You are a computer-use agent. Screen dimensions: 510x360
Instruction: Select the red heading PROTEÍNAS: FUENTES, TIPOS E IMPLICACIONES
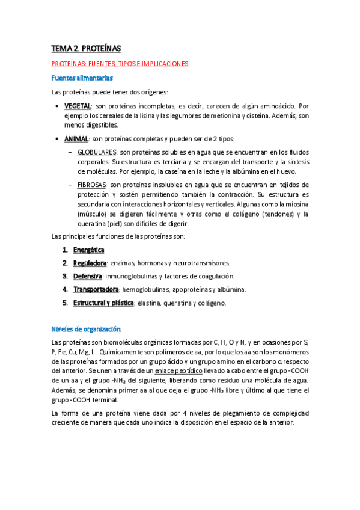point(120,63)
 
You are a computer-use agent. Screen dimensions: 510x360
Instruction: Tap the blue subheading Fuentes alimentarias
point(82,78)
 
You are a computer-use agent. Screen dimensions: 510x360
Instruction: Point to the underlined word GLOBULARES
point(97,153)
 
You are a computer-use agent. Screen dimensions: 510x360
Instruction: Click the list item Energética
point(88,250)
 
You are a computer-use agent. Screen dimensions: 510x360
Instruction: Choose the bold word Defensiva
point(88,276)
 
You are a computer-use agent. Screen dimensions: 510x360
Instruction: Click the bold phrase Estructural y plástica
point(103,303)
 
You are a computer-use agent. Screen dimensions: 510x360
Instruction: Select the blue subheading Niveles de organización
point(87,330)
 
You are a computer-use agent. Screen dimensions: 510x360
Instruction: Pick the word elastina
point(150,304)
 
